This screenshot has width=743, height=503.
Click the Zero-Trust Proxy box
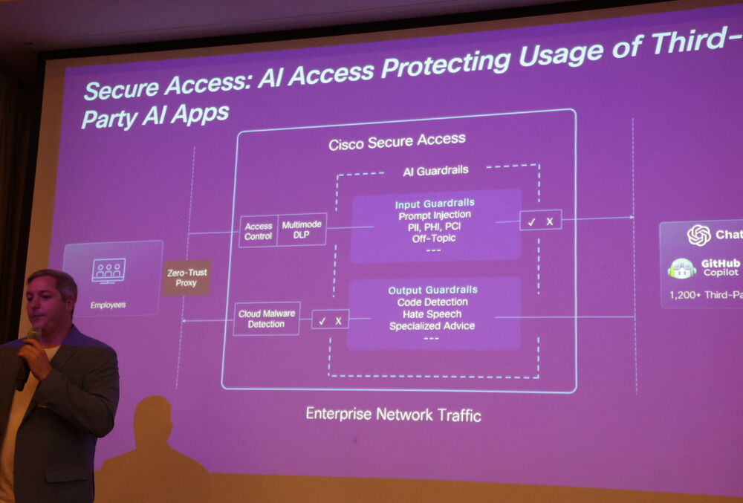pyautogui.click(x=186, y=277)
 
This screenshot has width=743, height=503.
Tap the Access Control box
pyautogui.click(x=259, y=230)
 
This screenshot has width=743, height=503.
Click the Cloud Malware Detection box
pyautogui.click(x=266, y=318)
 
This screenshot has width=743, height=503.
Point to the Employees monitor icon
pyautogui.click(x=108, y=270)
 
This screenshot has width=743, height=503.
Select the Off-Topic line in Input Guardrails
pyautogui.click(x=434, y=238)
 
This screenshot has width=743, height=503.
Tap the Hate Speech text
pyautogui.click(x=433, y=314)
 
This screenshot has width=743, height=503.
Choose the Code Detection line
pyautogui.click(x=433, y=302)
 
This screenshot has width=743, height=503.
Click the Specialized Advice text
pyautogui.click(x=432, y=325)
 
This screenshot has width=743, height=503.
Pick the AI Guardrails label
pyautogui.click(x=436, y=170)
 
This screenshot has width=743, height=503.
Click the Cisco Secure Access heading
pyautogui.click(x=398, y=140)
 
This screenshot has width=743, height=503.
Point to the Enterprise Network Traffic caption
pyautogui.click(x=393, y=414)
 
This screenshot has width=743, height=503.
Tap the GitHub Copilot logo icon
pyautogui.click(x=681, y=267)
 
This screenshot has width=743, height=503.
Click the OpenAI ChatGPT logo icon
pyautogui.click(x=698, y=235)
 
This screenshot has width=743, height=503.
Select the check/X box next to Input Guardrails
pyautogui.click(x=540, y=221)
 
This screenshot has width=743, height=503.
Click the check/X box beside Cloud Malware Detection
pyautogui.click(x=330, y=320)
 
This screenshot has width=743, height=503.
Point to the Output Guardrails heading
pyautogui.click(x=433, y=290)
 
